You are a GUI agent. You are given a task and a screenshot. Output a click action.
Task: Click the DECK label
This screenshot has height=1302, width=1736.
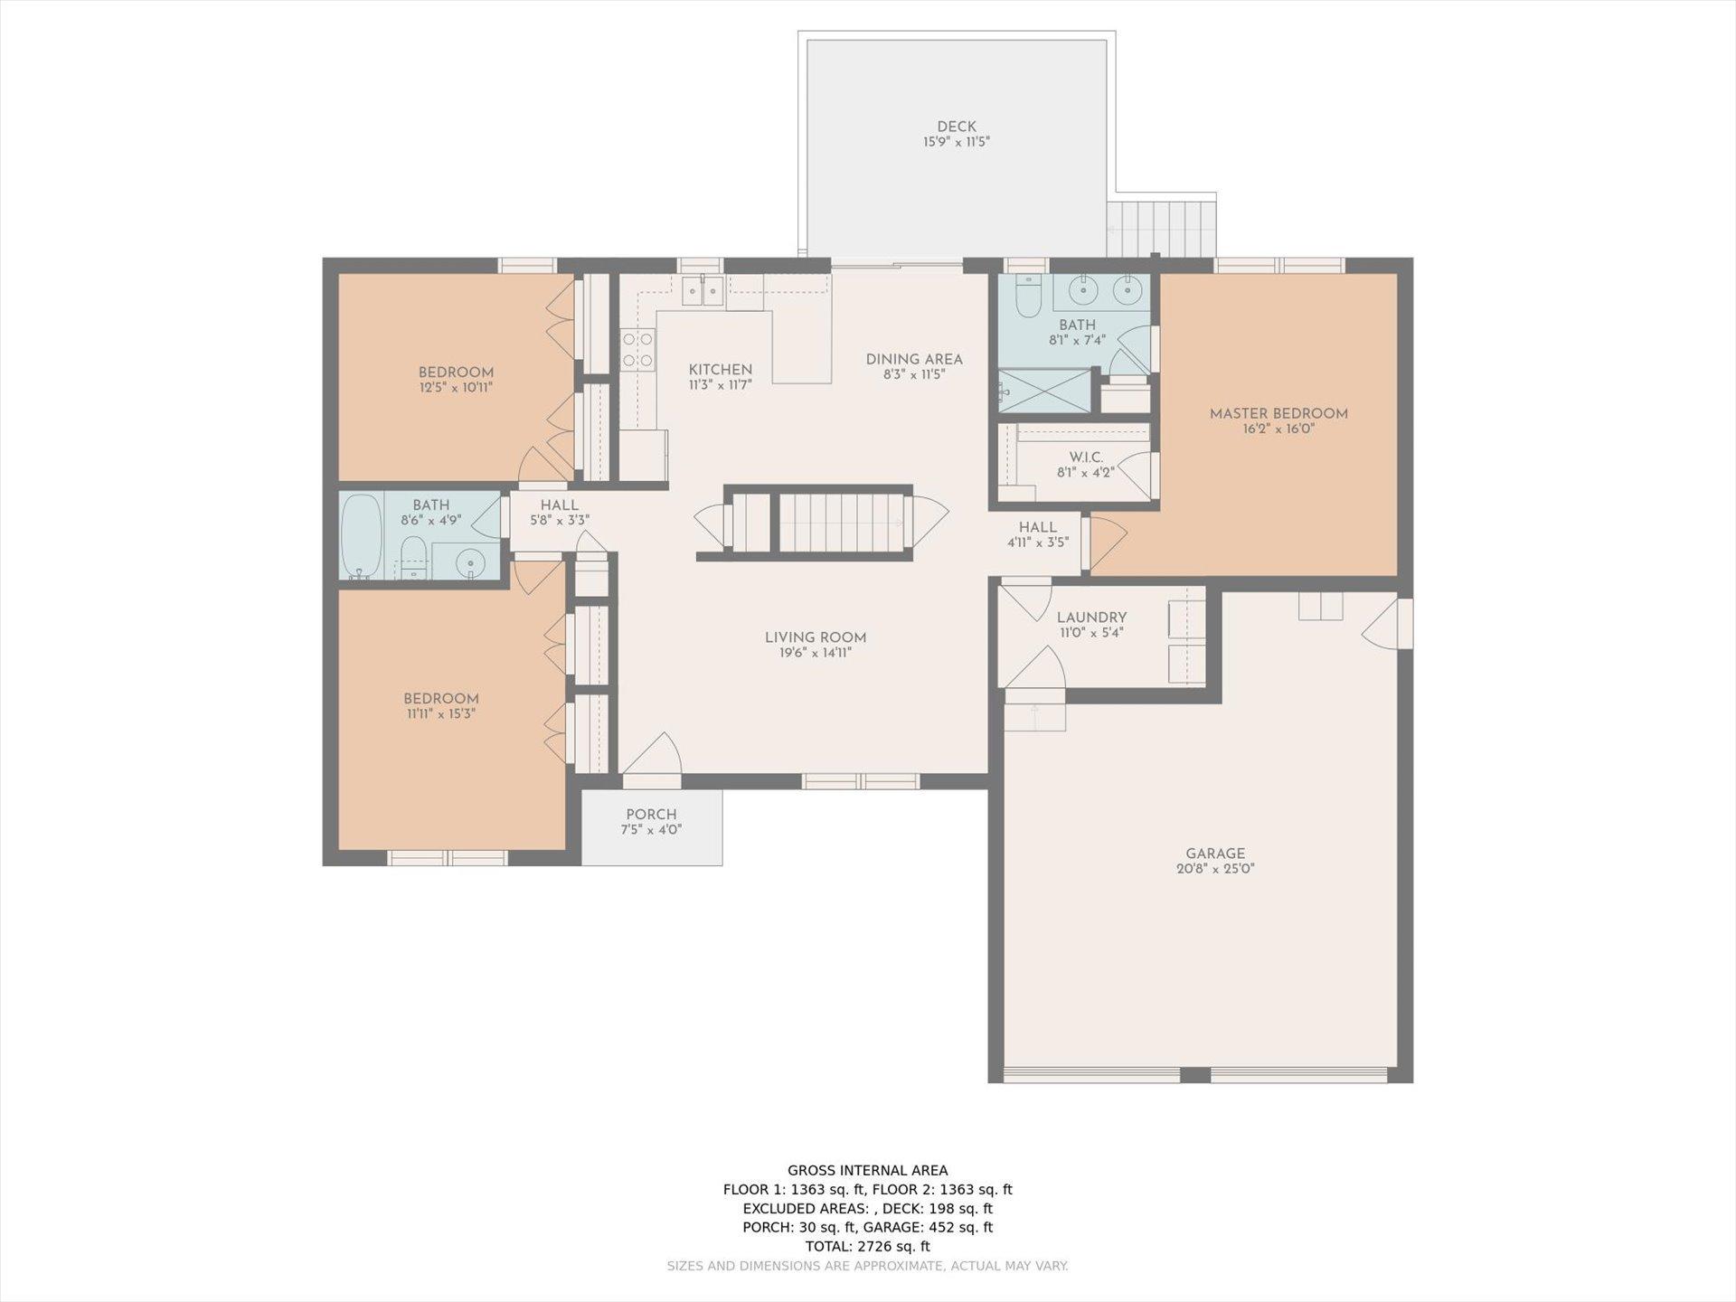pyautogui.click(x=956, y=127)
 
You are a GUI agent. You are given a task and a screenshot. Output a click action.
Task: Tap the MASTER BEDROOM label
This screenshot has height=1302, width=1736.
pyautogui.click(x=1278, y=413)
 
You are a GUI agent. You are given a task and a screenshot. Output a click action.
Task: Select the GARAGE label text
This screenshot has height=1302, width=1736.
pyautogui.click(x=1215, y=853)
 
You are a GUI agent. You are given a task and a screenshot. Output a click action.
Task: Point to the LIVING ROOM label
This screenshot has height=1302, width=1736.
pyautogui.click(x=816, y=637)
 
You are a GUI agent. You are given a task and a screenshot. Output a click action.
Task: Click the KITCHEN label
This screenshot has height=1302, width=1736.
pyautogui.click(x=721, y=369)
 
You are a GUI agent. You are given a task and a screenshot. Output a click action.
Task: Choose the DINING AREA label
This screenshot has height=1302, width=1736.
pyautogui.click(x=914, y=359)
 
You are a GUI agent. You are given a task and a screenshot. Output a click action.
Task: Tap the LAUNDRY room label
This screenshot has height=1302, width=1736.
pyautogui.click(x=1091, y=618)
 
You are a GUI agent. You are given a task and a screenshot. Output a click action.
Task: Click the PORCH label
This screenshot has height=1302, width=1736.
pyautogui.click(x=651, y=814)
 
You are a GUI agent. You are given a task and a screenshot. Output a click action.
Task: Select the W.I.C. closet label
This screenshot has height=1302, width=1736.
pyautogui.click(x=1086, y=457)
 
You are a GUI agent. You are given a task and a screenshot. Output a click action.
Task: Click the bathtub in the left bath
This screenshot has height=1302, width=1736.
pyautogui.click(x=362, y=534)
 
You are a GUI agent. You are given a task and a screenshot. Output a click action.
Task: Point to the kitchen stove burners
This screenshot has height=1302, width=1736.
pyautogui.click(x=637, y=350)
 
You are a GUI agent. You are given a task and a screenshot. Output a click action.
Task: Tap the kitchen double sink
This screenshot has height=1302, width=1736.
pyautogui.click(x=702, y=290)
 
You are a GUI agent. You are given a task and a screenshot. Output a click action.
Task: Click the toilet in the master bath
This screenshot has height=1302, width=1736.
pyautogui.click(x=1028, y=295)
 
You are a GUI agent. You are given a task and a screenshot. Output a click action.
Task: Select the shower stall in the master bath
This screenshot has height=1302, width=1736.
pyautogui.click(x=1044, y=391)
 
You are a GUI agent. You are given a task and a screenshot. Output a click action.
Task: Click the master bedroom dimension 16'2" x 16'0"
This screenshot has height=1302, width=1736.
pyautogui.click(x=1278, y=429)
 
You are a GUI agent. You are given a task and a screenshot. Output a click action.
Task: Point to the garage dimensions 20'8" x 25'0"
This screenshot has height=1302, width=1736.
pyautogui.click(x=1215, y=869)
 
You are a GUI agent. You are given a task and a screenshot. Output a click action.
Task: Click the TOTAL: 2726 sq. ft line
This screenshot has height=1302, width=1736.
pyautogui.click(x=867, y=1246)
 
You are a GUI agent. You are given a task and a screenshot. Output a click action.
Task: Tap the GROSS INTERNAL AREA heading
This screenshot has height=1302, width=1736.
pyautogui.click(x=867, y=1170)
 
